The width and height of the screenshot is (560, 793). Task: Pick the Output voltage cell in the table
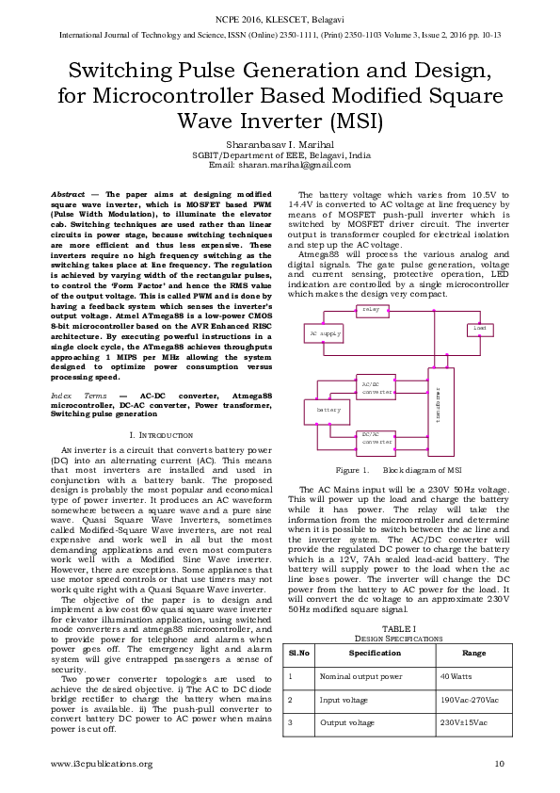pyautogui.click(x=344, y=722)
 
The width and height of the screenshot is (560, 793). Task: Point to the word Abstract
pyautogui.click(x=68, y=193)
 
